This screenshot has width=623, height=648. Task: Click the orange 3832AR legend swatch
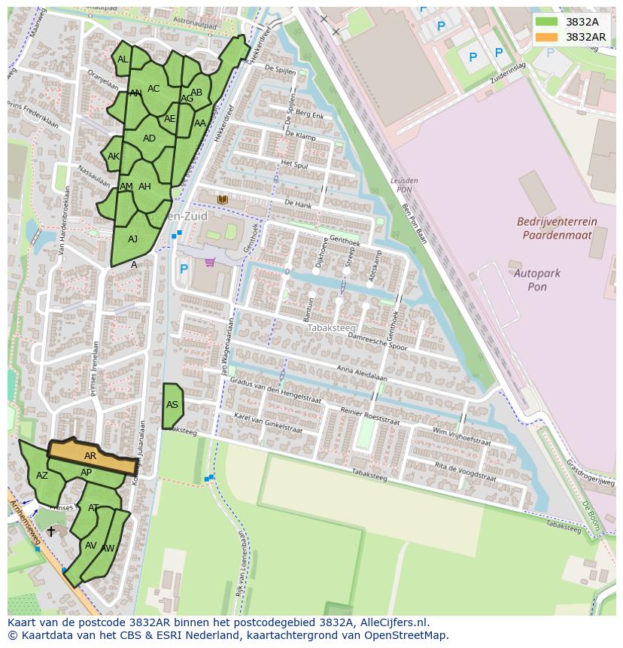[x=547, y=37]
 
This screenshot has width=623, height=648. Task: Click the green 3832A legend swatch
[x=547, y=22]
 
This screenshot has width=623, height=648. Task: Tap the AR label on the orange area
[x=90, y=456]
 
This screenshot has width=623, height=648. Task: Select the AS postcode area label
[x=172, y=405]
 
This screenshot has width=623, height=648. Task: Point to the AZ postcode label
[x=42, y=476]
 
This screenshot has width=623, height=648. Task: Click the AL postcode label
[x=123, y=59]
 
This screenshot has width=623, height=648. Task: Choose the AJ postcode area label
[x=132, y=239]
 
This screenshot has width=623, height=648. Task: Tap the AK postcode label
[x=114, y=157]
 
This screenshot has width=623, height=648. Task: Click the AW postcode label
[x=108, y=549]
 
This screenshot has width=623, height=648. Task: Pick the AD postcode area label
[x=149, y=138]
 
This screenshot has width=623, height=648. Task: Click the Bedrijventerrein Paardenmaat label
[x=557, y=228]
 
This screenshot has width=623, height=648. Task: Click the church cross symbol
[x=51, y=531]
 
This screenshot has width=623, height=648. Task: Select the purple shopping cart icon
[x=210, y=263]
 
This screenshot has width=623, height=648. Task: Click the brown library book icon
[x=222, y=199]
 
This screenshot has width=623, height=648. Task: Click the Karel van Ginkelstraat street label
[x=268, y=422]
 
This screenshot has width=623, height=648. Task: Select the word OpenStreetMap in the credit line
[x=406, y=635]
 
